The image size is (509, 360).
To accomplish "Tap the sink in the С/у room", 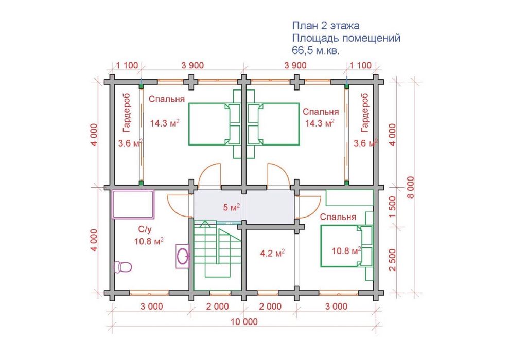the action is click(183, 256).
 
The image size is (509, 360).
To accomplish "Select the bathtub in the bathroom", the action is click(133, 204).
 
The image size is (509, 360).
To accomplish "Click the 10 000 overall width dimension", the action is click(244, 322).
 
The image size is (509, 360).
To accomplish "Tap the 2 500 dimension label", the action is click(393, 260).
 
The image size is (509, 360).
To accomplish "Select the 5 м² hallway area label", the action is click(232, 207).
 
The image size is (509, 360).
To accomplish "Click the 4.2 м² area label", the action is click(273, 253).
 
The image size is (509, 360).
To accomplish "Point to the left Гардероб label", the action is click(126, 113).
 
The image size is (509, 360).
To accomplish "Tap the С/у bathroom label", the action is click(145, 229).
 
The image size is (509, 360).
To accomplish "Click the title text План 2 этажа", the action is click(326, 26).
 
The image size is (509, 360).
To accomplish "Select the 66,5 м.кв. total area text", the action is click(315, 50).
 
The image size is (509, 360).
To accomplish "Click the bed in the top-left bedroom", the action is click(214, 124).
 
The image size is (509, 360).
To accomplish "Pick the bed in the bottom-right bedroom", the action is click(346, 246).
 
